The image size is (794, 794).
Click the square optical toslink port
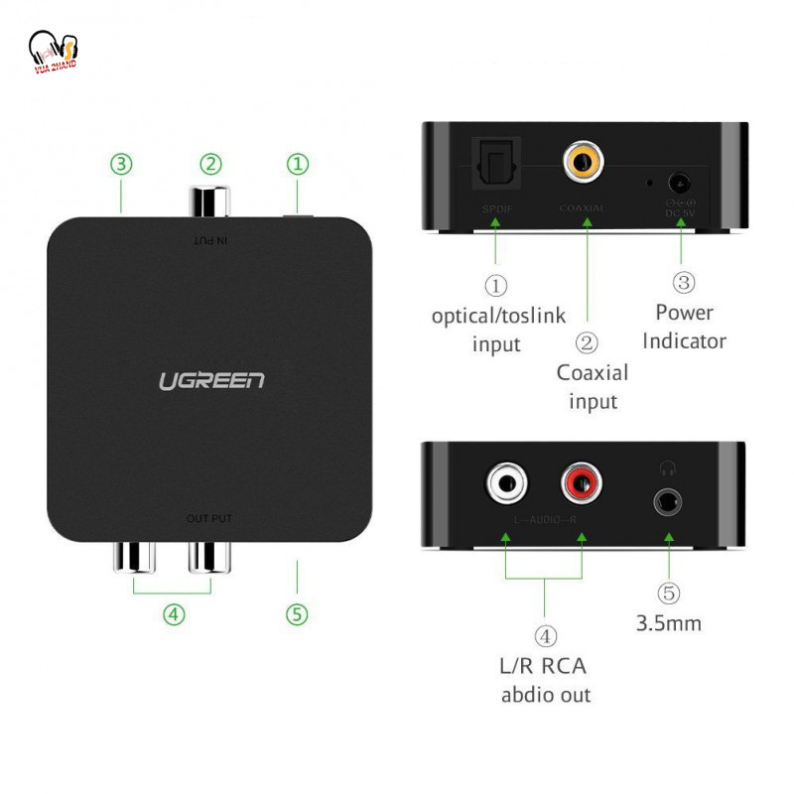493,160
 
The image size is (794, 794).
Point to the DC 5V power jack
680,183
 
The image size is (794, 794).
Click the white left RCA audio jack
506,484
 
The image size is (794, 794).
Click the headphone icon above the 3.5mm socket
667,467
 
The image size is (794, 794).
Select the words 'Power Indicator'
684,327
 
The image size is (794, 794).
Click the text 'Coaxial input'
593,387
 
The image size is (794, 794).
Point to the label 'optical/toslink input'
497,330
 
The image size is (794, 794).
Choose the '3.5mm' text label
668,624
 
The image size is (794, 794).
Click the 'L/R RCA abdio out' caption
545,680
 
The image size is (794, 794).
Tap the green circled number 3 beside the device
121,164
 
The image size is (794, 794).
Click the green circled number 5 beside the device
297,614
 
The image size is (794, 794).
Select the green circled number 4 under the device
174,614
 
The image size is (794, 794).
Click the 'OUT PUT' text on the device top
208,519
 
